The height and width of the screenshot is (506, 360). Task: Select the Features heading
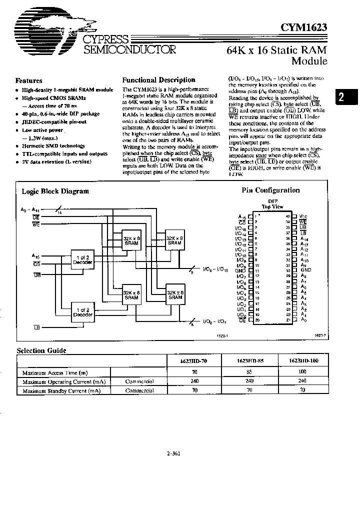point(28,80)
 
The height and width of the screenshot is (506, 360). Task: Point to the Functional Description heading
point(158,80)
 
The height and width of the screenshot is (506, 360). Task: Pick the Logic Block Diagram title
point(55,191)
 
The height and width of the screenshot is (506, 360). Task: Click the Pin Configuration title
point(270,190)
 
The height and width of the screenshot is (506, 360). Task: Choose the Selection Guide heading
point(41,351)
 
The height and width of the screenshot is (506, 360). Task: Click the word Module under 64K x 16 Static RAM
point(309,61)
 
